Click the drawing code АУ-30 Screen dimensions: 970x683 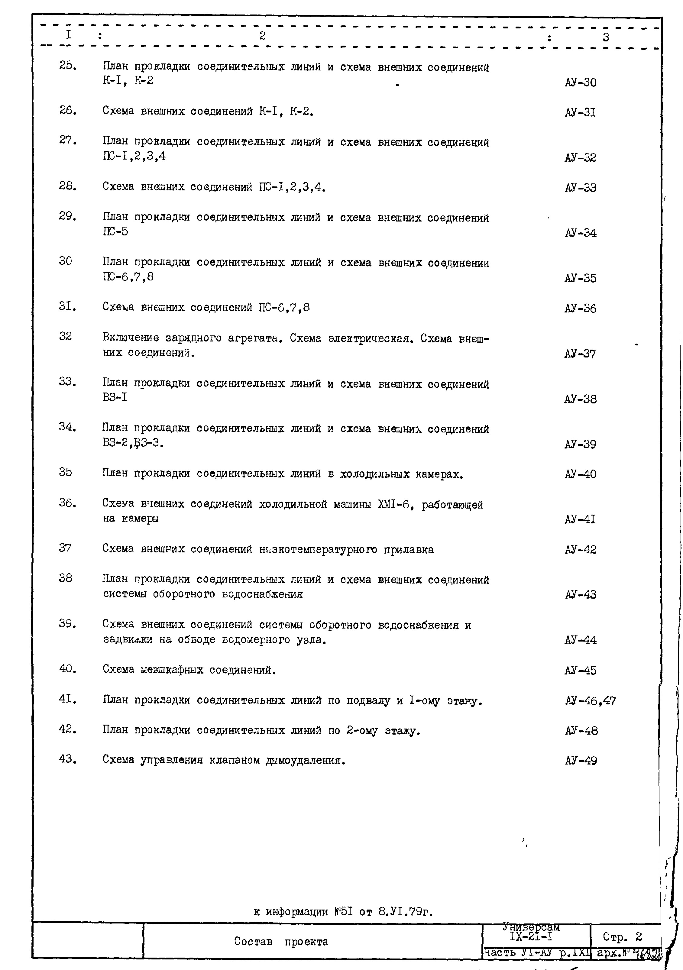[580, 82]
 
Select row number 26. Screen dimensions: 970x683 [68, 111]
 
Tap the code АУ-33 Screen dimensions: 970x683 [580, 188]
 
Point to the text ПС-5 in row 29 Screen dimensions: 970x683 [115, 231]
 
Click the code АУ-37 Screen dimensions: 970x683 [580, 354]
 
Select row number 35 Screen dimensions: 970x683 [66, 472]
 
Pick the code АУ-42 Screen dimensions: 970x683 [580, 550]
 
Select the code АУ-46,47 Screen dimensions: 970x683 [590, 701]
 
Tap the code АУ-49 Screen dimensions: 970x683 [581, 761]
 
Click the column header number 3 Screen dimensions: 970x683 [606, 37]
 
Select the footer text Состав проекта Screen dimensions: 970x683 [281, 942]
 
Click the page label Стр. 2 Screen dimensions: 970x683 [622, 937]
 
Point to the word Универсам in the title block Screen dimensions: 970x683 [531, 927]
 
